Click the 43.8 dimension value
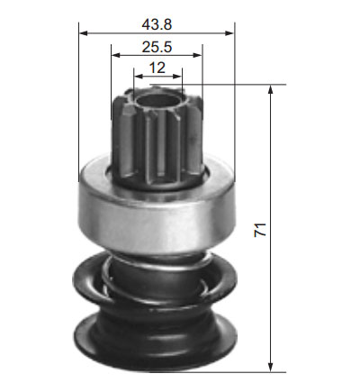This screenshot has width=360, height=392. click(157, 24)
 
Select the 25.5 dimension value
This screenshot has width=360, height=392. click(157, 47)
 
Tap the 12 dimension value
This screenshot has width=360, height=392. click(157, 68)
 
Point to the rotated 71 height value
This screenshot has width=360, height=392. click(260, 230)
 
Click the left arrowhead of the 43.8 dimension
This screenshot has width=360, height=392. click(83, 32)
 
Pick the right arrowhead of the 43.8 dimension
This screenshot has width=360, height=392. click(229, 32)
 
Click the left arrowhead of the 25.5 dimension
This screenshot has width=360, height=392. click(115, 55)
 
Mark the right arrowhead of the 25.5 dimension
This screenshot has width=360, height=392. click(198, 55)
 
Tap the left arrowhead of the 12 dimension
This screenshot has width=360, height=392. click(139, 77)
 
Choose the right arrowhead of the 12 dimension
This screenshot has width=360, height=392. click(177, 77)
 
